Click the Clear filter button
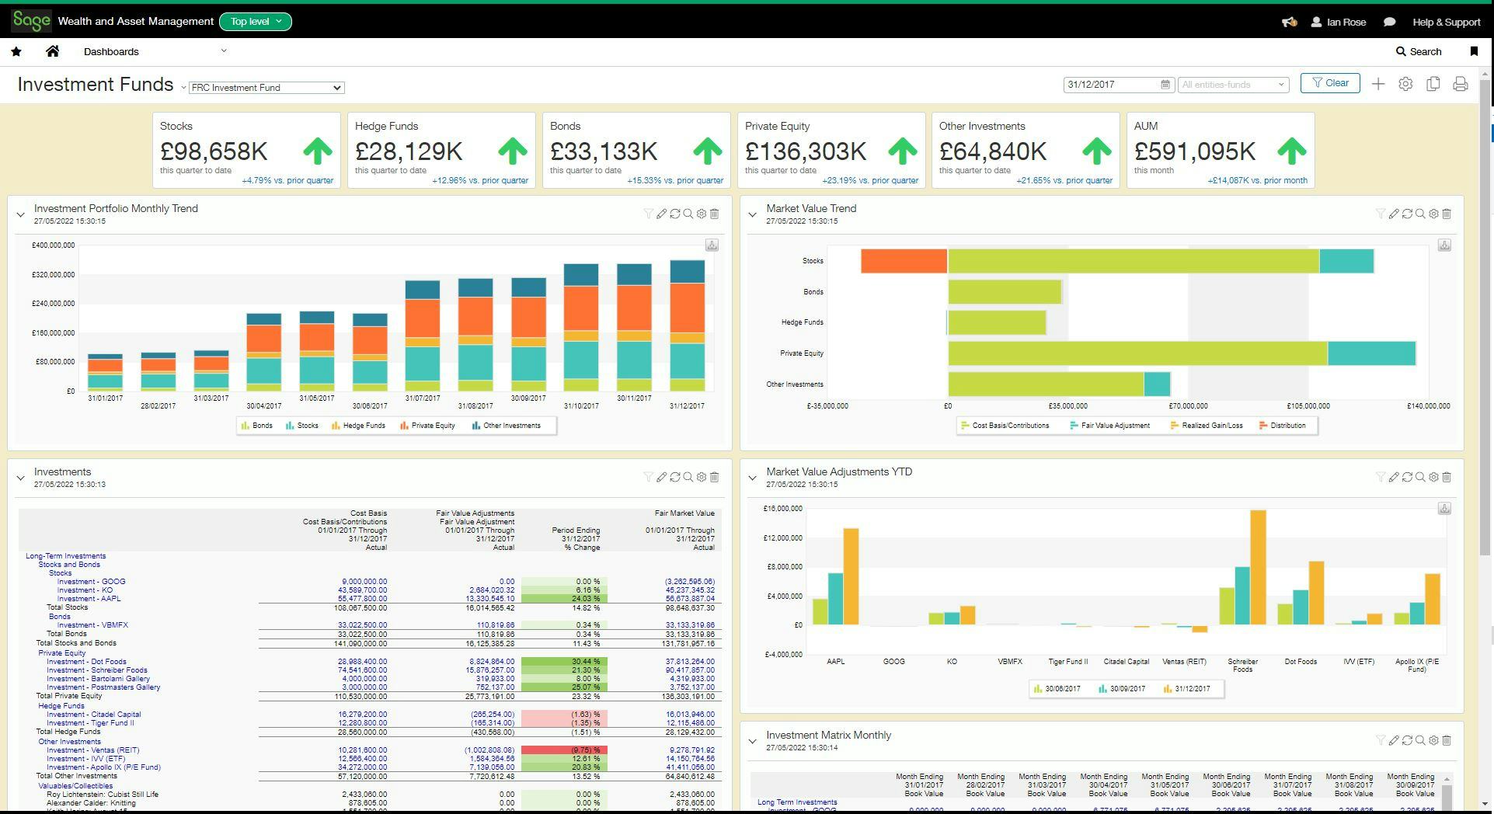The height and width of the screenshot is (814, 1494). pyautogui.click(x=1330, y=83)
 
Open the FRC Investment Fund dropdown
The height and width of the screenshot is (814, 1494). pyautogui.click(x=266, y=88)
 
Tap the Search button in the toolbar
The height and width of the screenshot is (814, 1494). pyautogui.click(x=1419, y=51)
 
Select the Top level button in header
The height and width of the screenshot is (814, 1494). pyautogui.click(x=256, y=22)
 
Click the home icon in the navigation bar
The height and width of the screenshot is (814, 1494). pyautogui.click(x=53, y=51)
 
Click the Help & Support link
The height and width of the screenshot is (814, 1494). pyautogui.click(x=1446, y=22)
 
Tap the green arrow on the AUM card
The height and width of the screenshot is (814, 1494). pyautogui.click(x=1291, y=151)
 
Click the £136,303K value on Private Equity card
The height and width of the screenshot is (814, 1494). pyautogui.click(x=805, y=151)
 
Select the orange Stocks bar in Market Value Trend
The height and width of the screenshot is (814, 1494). pyautogui.click(x=904, y=261)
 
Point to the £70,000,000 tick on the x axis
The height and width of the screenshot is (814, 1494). pyautogui.click(x=1188, y=406)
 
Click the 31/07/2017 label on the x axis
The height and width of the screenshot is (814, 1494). pyautogui.click(x=422, y=398)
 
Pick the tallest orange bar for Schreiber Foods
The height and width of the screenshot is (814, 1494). pyautogui.click(x=1258, y=567)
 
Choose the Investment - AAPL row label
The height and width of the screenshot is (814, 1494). pyautogui.click(x=89, y=599)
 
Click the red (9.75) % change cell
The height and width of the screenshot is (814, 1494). pyautogui.click(x=563, y=750)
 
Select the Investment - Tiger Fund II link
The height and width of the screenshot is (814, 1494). pyautogui.click(x=90, y=723)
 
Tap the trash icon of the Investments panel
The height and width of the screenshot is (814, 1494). pyautogui.click(x=715, y=478)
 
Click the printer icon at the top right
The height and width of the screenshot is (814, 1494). pyautogui.click(x=1460, y=84)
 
